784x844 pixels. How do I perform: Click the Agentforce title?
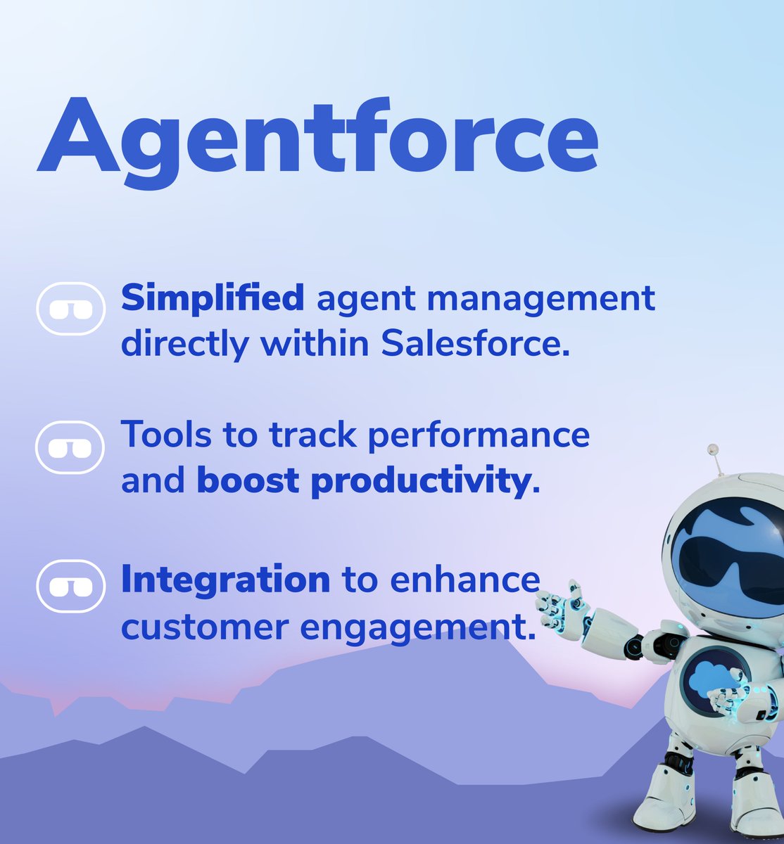317,137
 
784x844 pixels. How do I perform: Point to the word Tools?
166,435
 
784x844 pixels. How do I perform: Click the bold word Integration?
225,580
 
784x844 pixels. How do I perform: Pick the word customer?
204,627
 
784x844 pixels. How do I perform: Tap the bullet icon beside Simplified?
70,308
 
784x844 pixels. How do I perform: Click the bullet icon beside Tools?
70,447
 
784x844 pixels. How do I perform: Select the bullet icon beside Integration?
70,586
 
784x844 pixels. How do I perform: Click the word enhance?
465,580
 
